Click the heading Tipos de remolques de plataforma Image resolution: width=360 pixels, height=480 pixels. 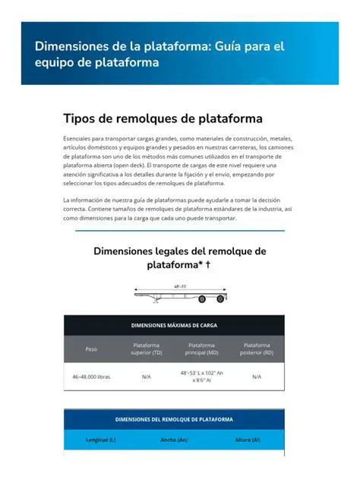pos(163,118)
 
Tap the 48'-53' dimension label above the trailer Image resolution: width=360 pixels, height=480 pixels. pos(180,286)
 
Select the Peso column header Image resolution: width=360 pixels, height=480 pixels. pos(91,349)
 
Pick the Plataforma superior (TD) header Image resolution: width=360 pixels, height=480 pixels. pos(147,349)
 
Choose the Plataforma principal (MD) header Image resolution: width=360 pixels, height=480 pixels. pos(201,349)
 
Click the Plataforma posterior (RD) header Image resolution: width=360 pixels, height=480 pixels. pos(257,349)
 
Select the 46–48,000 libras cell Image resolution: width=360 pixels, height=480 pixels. pos(91,377)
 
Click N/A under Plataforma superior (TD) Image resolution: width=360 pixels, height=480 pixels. pos(147,377)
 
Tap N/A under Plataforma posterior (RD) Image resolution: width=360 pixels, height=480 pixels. pos(257,377)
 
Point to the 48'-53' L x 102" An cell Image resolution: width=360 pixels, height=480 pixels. pos(201,373)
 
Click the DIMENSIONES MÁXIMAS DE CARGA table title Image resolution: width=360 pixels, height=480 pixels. pos(174,324)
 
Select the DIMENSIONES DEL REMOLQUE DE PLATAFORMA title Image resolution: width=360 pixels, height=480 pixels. pos(174,418)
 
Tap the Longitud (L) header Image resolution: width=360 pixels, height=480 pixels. pos(100,440)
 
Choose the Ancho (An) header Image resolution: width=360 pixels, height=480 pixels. pos(174,440)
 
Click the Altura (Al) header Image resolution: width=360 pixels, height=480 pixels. pos(248,440)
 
